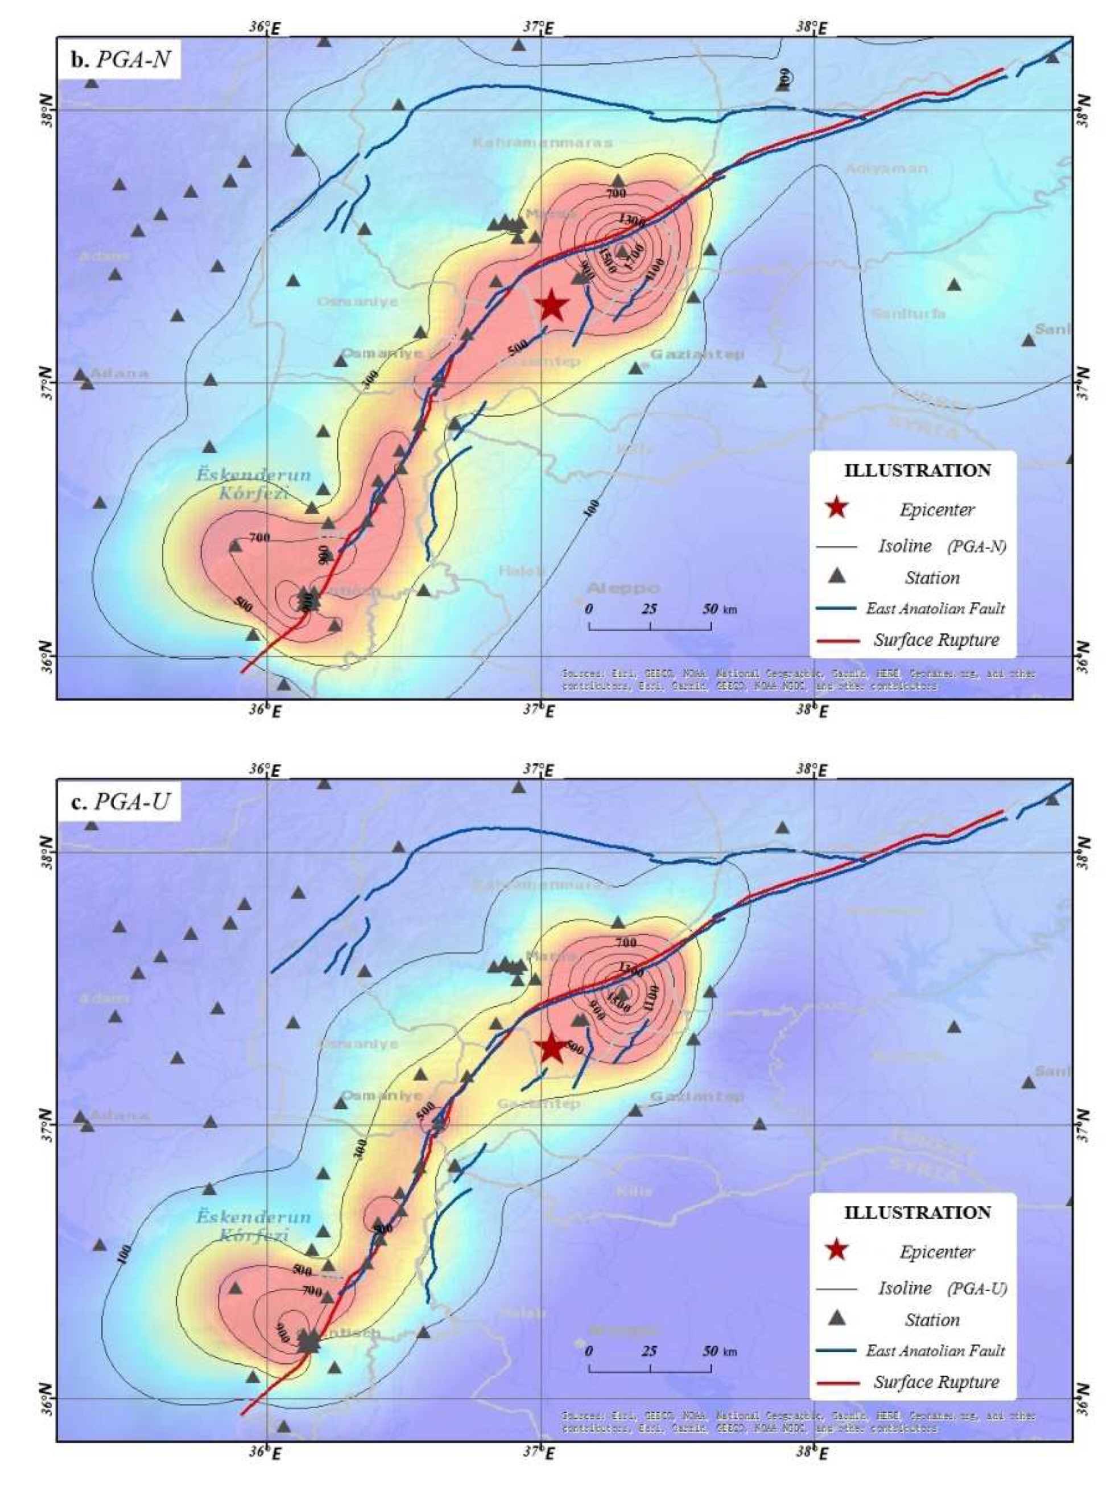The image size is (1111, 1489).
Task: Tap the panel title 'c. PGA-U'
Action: [119, 802]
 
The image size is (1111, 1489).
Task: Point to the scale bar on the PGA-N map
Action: [650, 625]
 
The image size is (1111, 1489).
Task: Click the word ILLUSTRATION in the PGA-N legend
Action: [918, 470]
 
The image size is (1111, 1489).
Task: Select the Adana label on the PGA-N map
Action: [119, 373]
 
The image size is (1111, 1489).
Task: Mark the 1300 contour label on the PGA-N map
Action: [632, 220]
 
